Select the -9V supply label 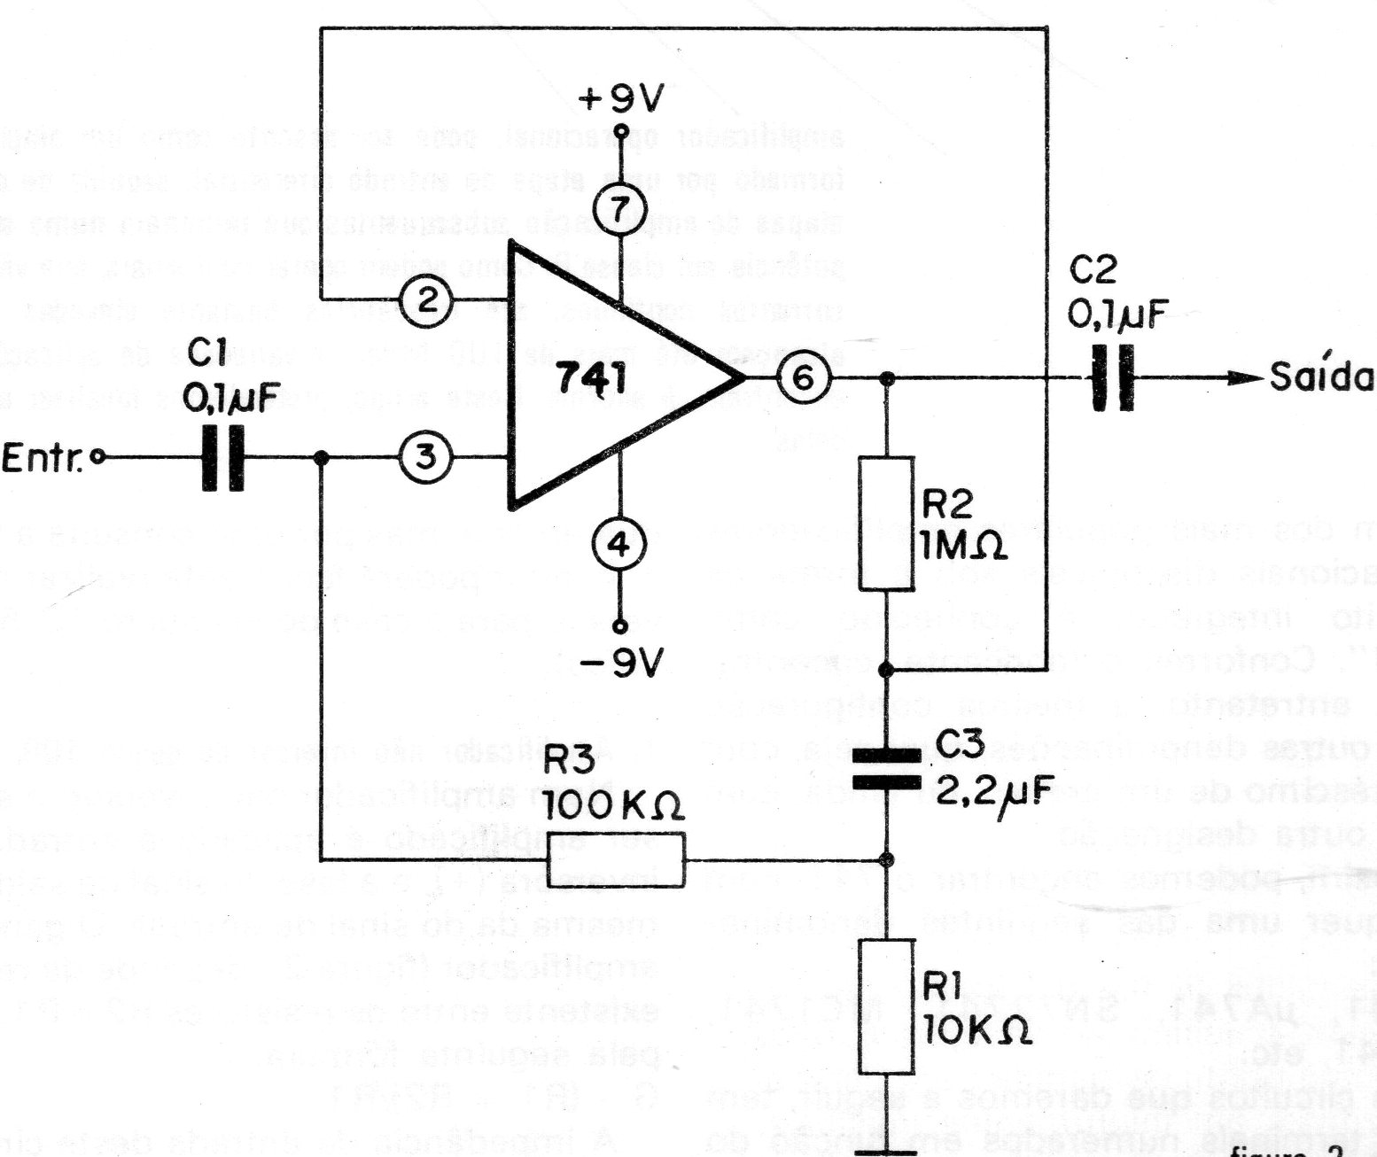621,663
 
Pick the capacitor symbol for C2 1113,378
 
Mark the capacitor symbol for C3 887,768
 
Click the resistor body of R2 887,524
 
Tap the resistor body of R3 616,859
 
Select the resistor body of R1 887,1007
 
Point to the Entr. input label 43,460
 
